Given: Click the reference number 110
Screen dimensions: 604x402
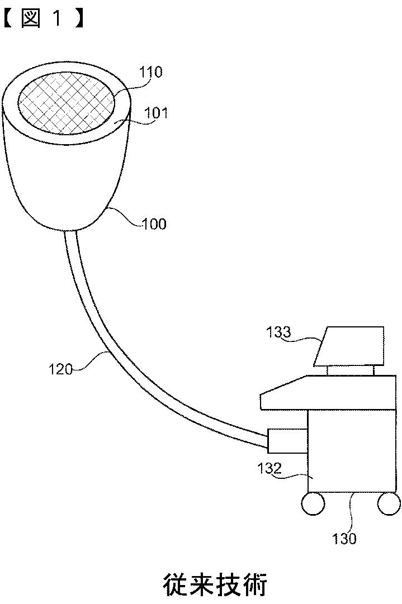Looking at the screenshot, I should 152,73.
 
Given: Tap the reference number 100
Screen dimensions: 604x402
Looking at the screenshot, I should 155,224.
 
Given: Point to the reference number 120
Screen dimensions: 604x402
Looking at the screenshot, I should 60,369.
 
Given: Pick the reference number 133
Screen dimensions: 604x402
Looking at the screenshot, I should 278,332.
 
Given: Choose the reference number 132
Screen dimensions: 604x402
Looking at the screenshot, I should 269,469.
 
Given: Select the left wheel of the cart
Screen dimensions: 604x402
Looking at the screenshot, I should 313,503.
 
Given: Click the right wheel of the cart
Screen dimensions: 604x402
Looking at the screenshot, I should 389,503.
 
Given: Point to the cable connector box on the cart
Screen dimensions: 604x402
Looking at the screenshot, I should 287,440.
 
